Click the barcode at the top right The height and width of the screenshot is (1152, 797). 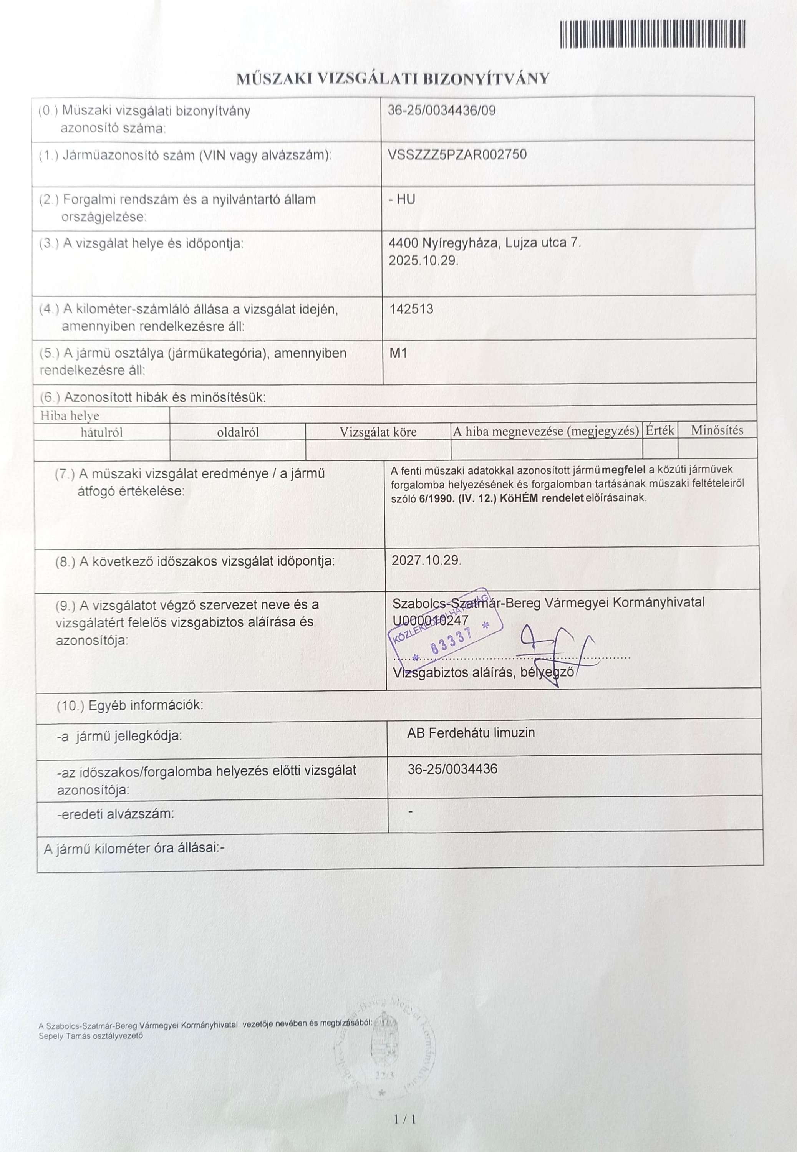click(652, 34)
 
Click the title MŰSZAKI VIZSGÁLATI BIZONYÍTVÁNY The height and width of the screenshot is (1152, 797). click(393, 79)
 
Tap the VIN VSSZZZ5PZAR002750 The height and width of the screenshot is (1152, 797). click(457, 154)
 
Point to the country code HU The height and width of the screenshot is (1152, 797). click(406, 199)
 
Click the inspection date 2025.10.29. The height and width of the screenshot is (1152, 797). click(423, 261)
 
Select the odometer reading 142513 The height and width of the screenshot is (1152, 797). click(411, 309)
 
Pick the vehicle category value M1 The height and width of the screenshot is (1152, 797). click(398, 353)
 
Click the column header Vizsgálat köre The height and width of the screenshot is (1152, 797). click(378, 432)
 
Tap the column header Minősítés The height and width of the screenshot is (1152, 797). click(717, 430)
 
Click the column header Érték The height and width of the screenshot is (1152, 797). click(659, 430)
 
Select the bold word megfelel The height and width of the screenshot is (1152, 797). click(624, 470)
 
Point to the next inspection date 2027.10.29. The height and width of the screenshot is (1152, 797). click(426, 560)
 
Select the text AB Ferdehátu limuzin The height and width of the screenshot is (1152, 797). click(471, 733)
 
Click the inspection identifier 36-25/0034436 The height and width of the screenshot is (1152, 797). click(452, 769)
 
